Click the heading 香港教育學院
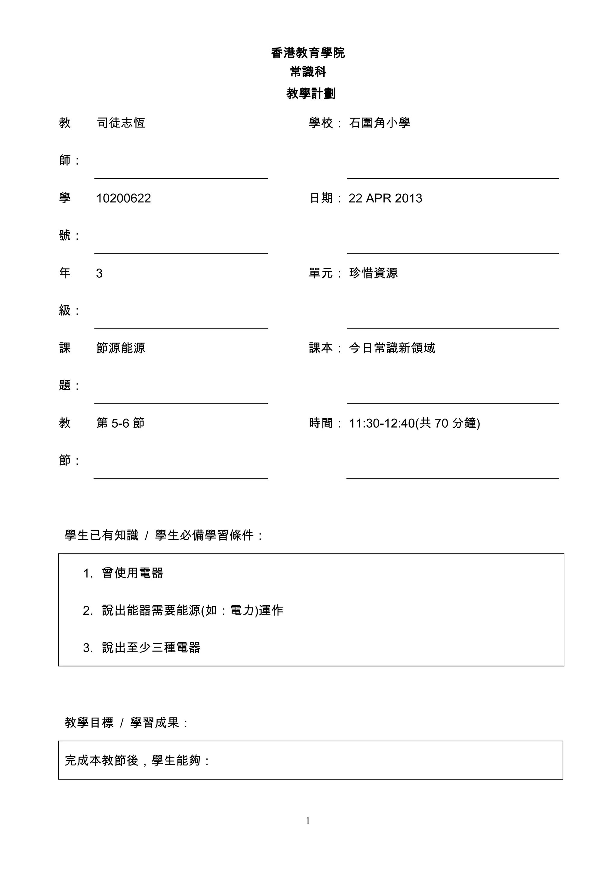(308, 53)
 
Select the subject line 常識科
(308, 72)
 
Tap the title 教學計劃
(311, 93)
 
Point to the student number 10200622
(124, 198)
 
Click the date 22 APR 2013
(385, 198)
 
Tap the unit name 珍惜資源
(373, 273)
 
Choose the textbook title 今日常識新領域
(392, 348)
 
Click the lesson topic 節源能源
(121, 348)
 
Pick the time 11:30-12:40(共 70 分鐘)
(414, 423)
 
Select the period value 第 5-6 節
(120, 423)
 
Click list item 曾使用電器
(132, 573)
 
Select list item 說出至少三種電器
(151, 648)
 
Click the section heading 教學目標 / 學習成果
(126, 723)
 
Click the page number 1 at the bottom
(308, 821)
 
